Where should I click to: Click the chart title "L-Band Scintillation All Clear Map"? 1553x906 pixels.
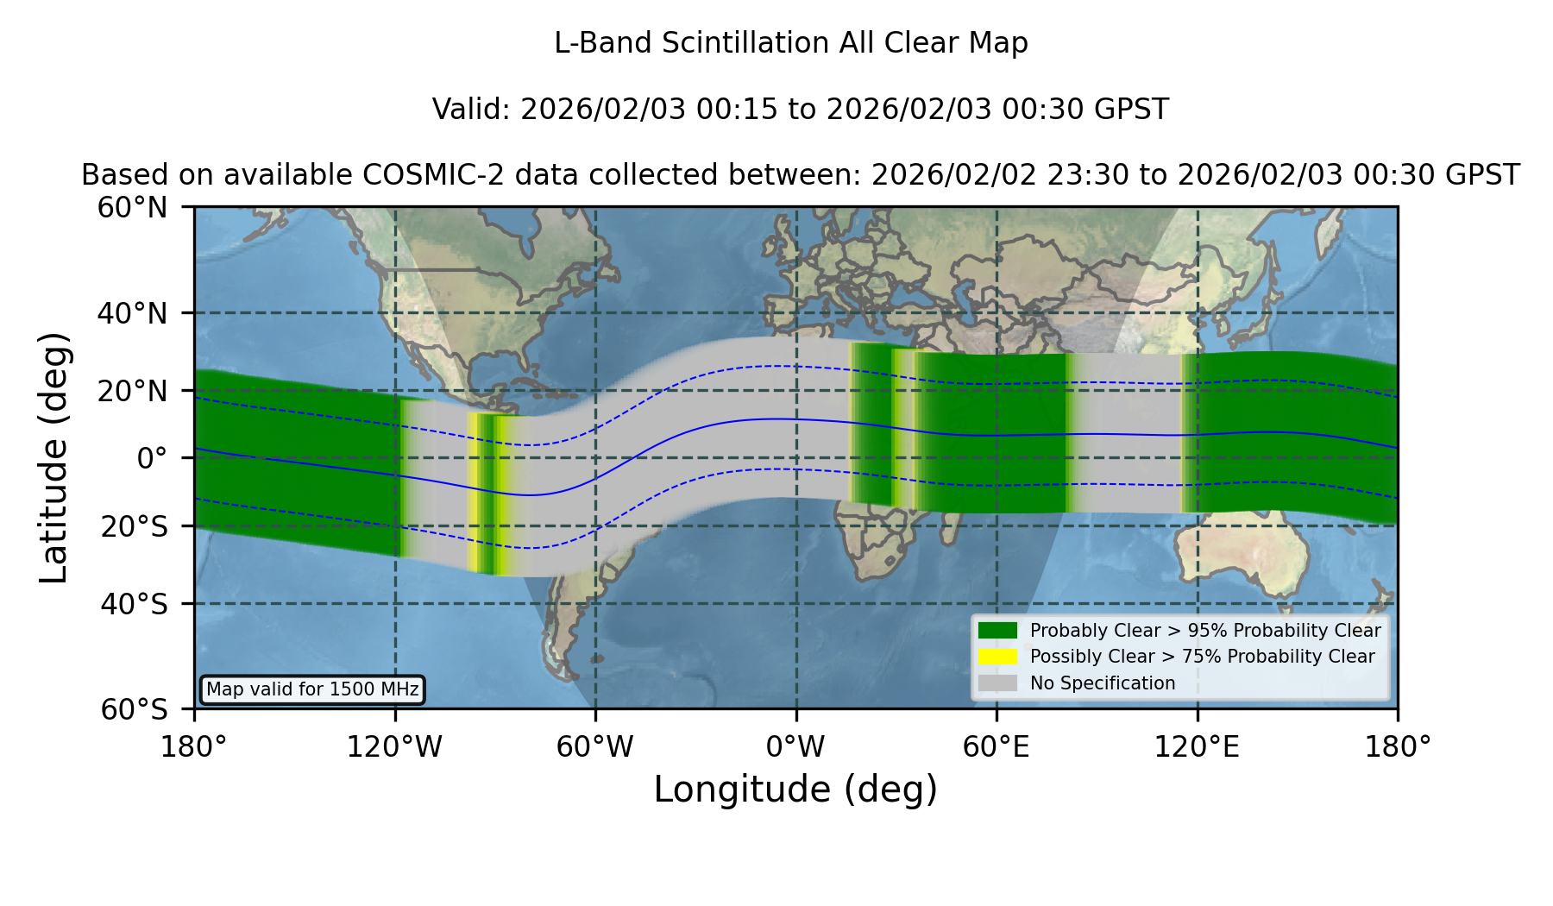pyautogui.click(x=790, y=43)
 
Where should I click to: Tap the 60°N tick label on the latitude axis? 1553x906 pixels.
pyautogui.click(x=132, y=208)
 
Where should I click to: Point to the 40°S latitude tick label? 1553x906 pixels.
pyautogui.click(x=134, y=604)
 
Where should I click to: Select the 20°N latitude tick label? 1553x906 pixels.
pyautogui.click(x=132, y=391)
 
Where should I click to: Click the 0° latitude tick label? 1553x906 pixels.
pyautogui.click(x=152, y=458)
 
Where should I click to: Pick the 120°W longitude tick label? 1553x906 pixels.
pyautogui.click(x=394, y=746)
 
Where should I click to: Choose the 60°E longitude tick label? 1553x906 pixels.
pyautogui.click(x=997, y=746)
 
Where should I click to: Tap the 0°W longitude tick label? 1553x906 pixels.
pyautogui.click(x=795, y=746)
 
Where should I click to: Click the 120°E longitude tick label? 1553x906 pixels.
pyautogui.click(x=1197, y=746)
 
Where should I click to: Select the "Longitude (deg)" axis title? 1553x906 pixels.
pyautogui.click(x=795, y=790)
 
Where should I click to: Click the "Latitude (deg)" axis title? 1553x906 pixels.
pyautogui.click(x=54, y=457)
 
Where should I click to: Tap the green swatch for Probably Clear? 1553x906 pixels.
pyautogui.click(x=997, y=630)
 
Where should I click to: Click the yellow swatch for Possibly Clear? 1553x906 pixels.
pyautogui.click(x=997, y=657)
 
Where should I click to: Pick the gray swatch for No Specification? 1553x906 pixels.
pyautogui.click(x=997, y=683)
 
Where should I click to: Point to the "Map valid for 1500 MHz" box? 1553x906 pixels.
pyautogui.click(x=312, y=689)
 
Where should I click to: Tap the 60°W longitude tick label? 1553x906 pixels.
pyautogui.click(x=595, y=746)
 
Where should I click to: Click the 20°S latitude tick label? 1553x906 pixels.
pyautogui.click(x=134, y=526)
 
